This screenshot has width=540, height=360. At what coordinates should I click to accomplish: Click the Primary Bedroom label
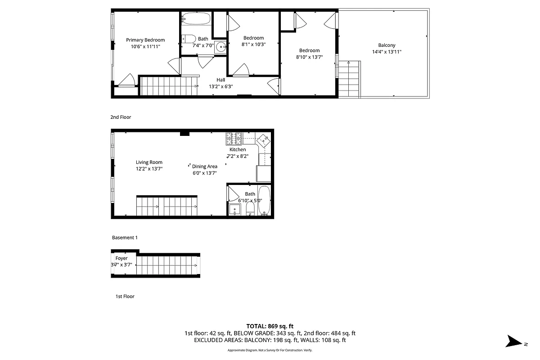[145, 40]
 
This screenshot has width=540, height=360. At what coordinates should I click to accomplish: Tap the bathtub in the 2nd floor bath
[196, 19]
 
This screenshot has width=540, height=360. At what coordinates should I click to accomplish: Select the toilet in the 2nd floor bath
[189, 39]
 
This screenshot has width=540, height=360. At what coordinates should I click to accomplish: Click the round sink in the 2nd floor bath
[220, 47]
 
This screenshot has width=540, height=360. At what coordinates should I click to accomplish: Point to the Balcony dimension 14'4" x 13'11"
[387, 52]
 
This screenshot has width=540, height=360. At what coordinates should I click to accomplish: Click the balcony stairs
[349, 79]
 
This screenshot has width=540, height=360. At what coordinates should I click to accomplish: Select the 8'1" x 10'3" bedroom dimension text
[253, 45]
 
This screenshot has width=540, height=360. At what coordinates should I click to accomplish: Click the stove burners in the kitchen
[234, 137]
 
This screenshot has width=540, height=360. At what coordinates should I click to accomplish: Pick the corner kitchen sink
[263, 141]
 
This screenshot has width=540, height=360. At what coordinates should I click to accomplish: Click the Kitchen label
[238, 149]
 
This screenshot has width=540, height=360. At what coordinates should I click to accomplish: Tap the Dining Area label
[205, 166]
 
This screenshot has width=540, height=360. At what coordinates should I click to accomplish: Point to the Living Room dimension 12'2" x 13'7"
[149, 169]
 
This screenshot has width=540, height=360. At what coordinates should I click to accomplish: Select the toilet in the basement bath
[250, 208]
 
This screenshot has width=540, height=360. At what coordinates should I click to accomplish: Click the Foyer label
[121, 258]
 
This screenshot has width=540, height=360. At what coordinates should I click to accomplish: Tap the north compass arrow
[513, 342]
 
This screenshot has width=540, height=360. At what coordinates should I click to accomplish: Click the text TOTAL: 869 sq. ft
[270, 326]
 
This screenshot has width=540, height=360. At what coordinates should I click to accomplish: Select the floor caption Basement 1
[125, 238]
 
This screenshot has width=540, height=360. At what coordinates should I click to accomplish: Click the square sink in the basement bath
[234, 209]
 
